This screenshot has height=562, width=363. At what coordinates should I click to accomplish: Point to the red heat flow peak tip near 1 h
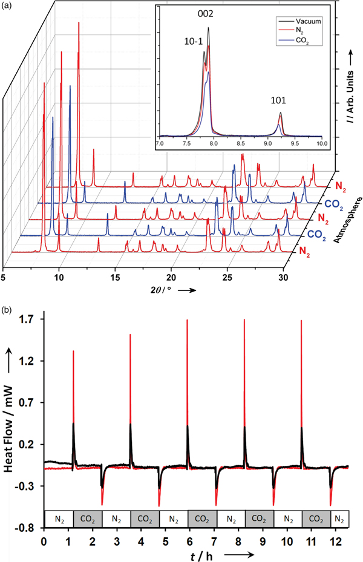pos(73,351)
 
